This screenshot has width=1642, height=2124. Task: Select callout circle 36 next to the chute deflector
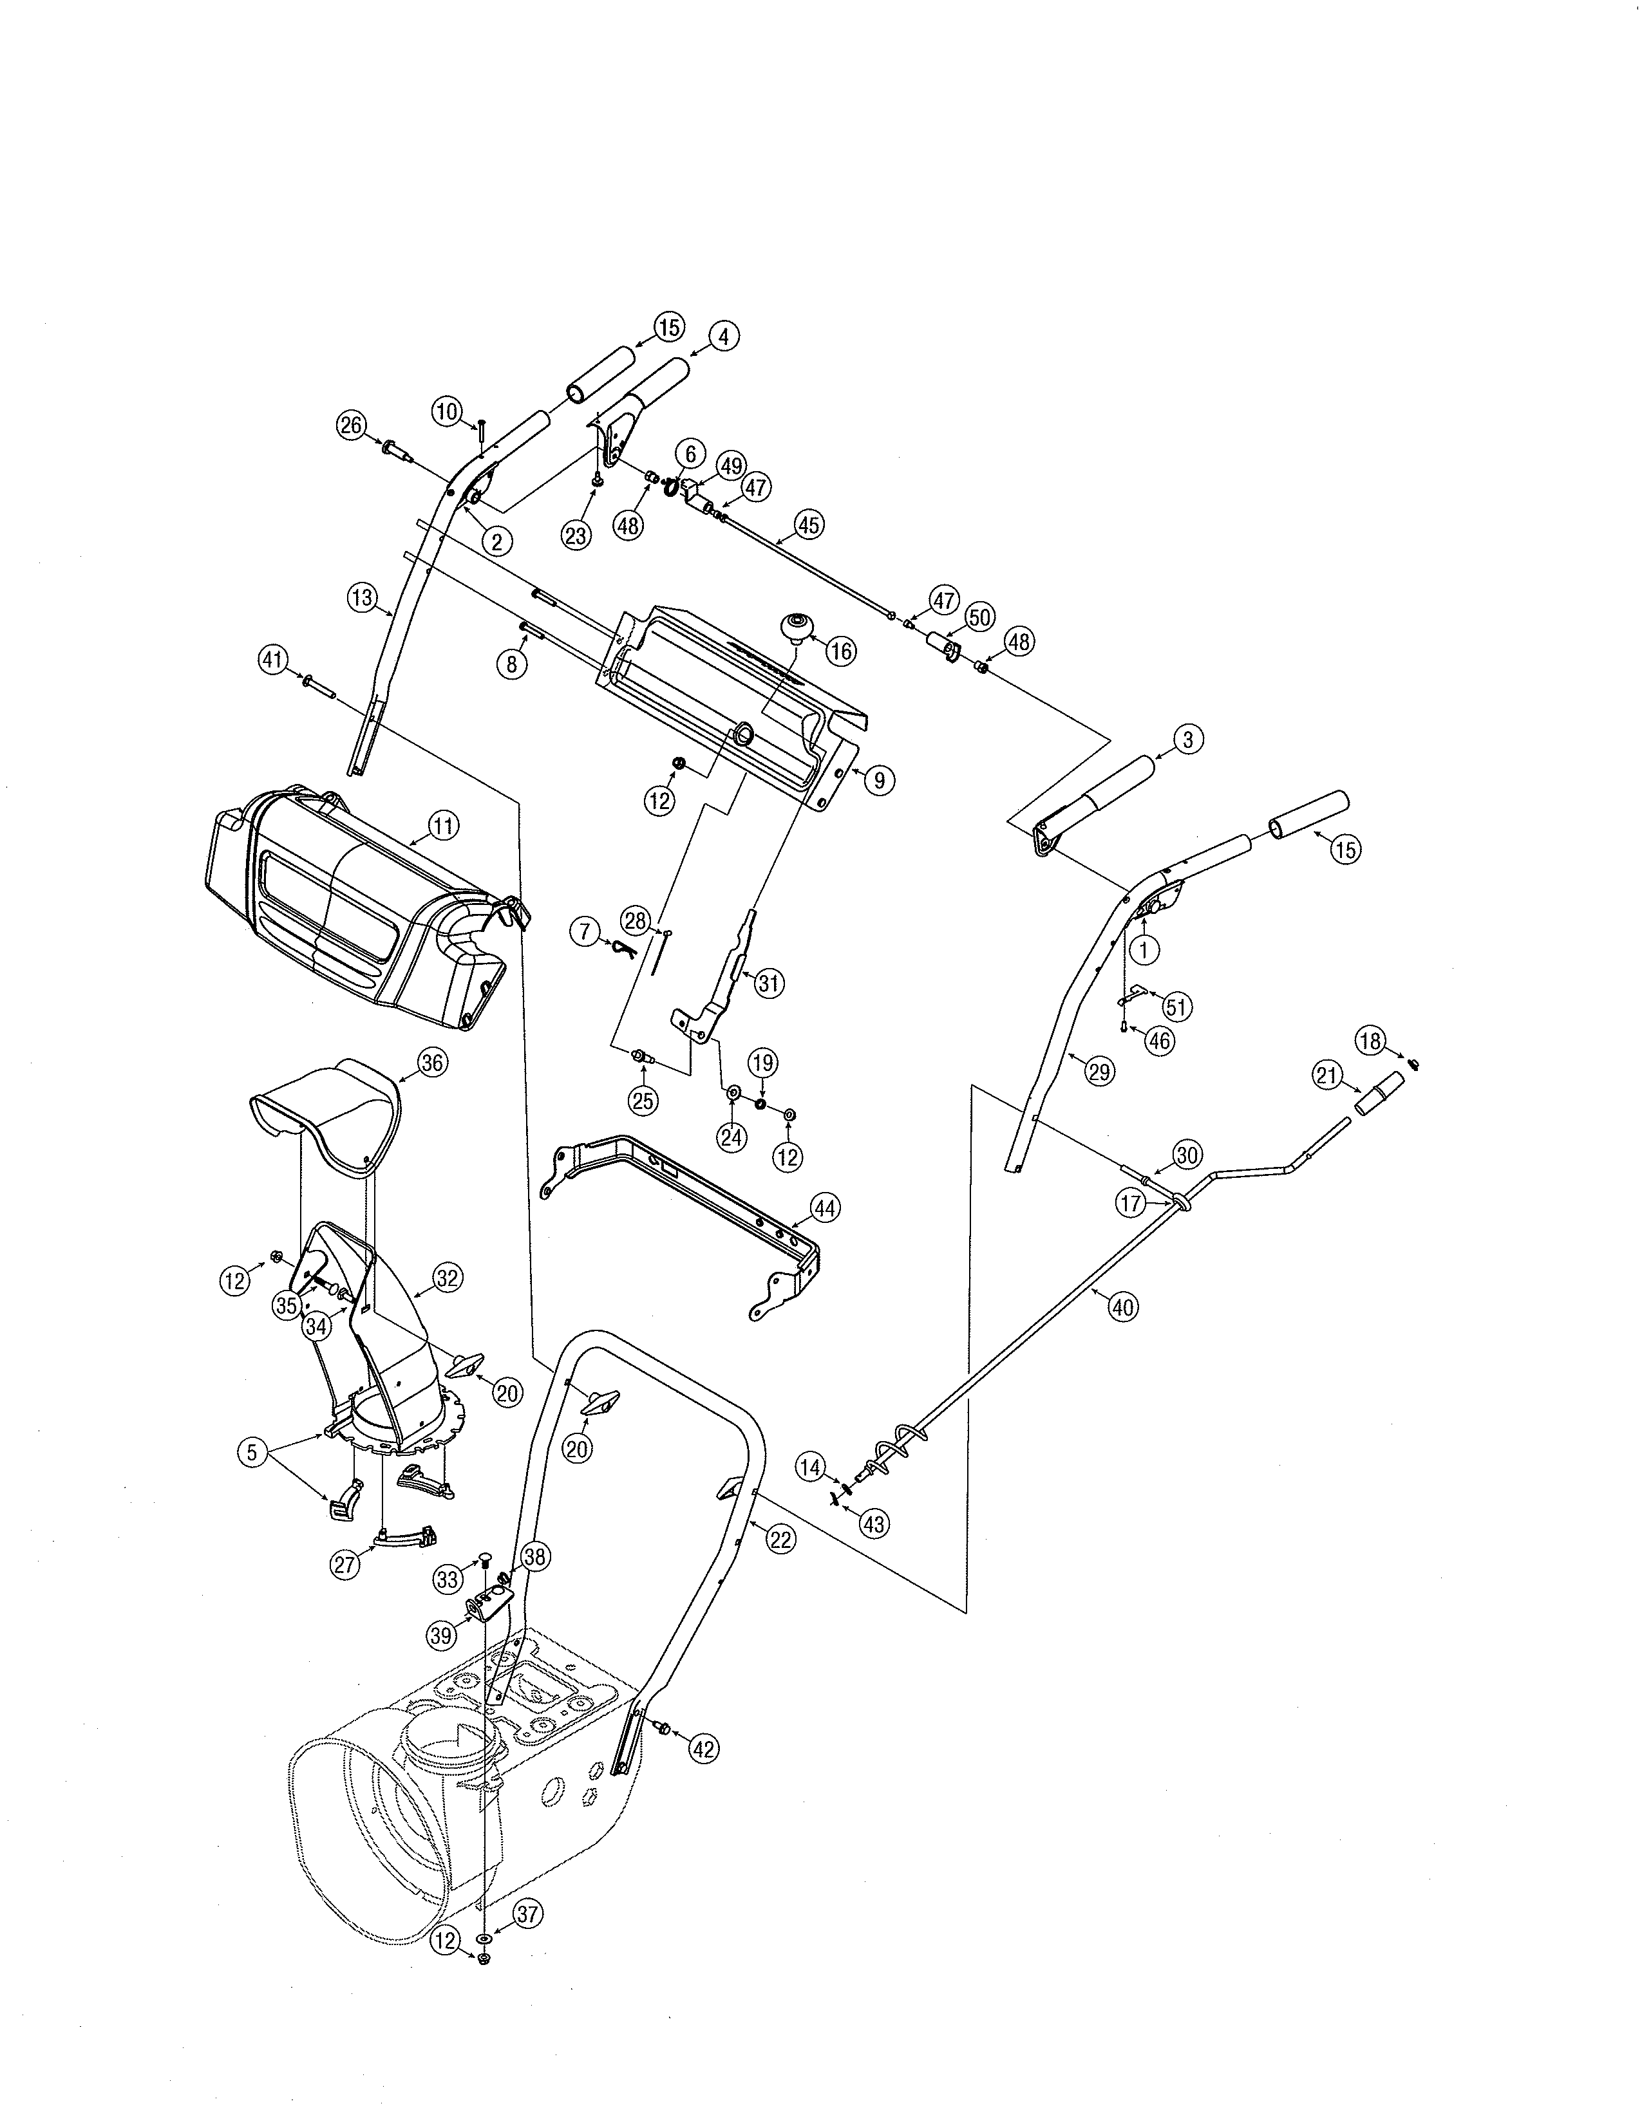(432, 1063)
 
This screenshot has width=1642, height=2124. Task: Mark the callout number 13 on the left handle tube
(362, 598)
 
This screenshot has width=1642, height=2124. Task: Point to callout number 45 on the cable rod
(808, 525)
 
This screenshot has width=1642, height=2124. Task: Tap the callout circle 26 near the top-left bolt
(350, 425)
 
